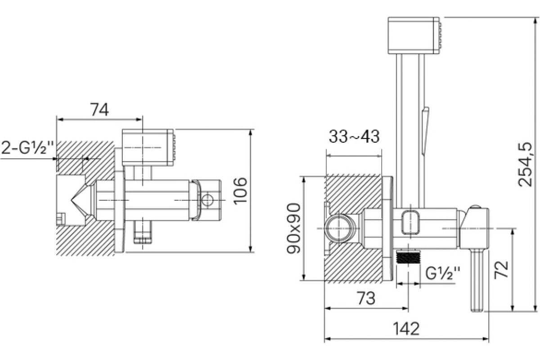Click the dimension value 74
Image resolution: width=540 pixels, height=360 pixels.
(99, 109)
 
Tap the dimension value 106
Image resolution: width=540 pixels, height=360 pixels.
(240, 191)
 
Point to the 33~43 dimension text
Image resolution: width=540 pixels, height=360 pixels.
(354, 136)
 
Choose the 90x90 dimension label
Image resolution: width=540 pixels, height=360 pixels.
(293, 228)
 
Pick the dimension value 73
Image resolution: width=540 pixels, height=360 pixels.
(366, 298)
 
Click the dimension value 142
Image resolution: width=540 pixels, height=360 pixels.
(406, 328)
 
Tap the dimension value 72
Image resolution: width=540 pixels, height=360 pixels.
(501, 270)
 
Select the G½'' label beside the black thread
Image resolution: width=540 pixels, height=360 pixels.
(443, 273)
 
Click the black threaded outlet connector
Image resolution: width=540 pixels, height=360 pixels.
(409, 257)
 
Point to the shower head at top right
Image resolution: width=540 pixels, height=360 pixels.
(414, 36)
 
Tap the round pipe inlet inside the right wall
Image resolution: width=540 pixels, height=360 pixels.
(340, 228)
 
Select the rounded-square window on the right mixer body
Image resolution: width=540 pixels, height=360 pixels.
(411, 222)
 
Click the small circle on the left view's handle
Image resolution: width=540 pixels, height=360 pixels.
(207, 200)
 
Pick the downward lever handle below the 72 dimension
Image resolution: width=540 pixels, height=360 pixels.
(477, 280)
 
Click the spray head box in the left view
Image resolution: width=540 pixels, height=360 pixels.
(148, 148)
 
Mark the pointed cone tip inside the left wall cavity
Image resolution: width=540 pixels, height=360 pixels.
(72, 200)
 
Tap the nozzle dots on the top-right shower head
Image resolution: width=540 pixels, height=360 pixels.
(440, 36)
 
